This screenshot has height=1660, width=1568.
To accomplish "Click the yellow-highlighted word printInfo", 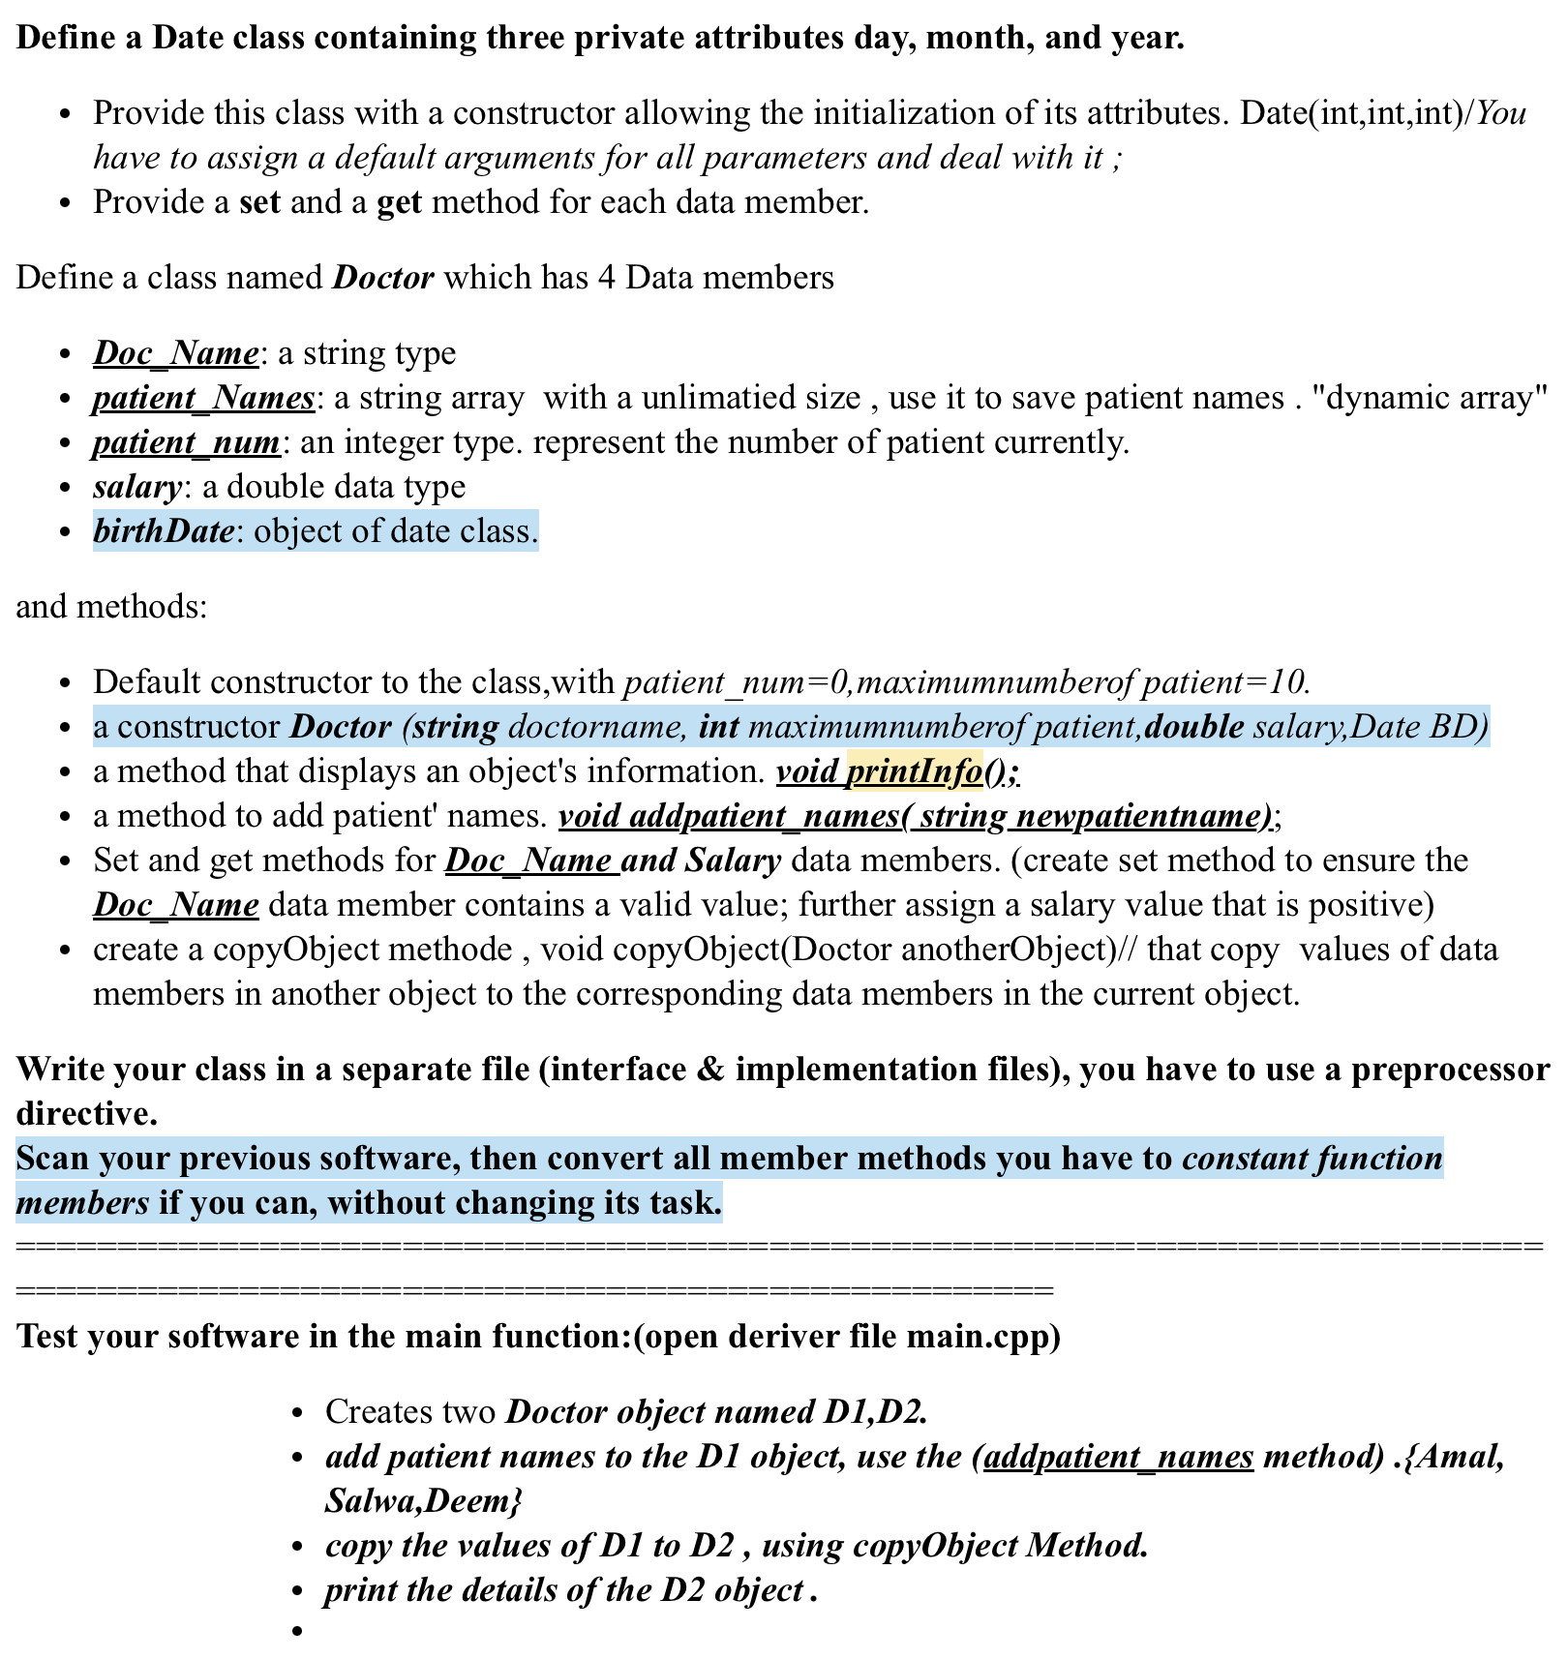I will click(914, 771).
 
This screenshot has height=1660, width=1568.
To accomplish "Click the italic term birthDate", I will click(163, 531).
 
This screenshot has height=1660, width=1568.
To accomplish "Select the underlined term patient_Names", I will click(203, 398).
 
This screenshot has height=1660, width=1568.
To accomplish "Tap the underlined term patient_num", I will click(187, 442).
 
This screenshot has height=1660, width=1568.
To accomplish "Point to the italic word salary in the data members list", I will click(136, 487).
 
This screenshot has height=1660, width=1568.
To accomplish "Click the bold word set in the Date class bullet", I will click(259, 202).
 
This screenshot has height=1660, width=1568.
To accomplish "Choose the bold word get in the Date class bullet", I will click(399, 202).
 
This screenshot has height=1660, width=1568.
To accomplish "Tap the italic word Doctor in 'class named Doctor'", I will click(383, 278).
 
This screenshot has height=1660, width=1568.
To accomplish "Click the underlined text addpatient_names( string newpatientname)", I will click(916, 816).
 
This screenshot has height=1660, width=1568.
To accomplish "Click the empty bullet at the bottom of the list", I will click(298, 1632).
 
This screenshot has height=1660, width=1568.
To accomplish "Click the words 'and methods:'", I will click(111, 607).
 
